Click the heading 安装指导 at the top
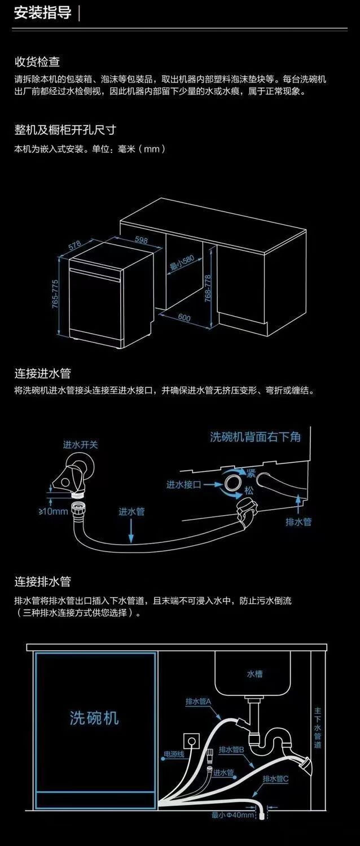coord(43,13)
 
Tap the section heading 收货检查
coord(37,62)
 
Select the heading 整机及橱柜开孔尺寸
coord(65,129)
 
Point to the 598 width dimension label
coord(141,240)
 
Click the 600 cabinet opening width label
coord(184,318)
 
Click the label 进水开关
coord(80,445)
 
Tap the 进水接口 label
coord(183,484)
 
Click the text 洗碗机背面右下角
coord(256,436)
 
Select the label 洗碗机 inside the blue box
coord(94,718)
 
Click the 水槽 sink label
coord(254,673)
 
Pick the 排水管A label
coord(198,702)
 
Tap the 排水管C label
coord(276,779)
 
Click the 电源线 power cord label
coord(174,754)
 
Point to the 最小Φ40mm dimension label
coord(232,815)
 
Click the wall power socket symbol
coord(191,740)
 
